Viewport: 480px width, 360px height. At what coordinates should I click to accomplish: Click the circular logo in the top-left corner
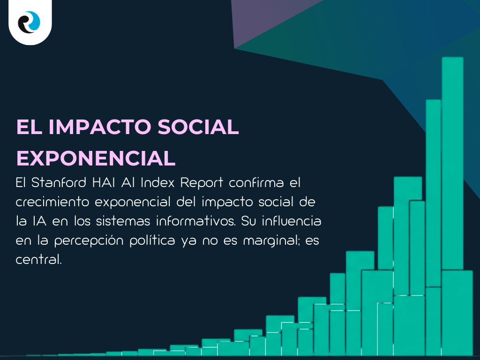(30, 22)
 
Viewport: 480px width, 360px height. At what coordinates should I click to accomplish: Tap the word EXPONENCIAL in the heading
(96, 158)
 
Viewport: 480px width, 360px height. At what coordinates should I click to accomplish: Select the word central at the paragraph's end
(38, 259)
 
